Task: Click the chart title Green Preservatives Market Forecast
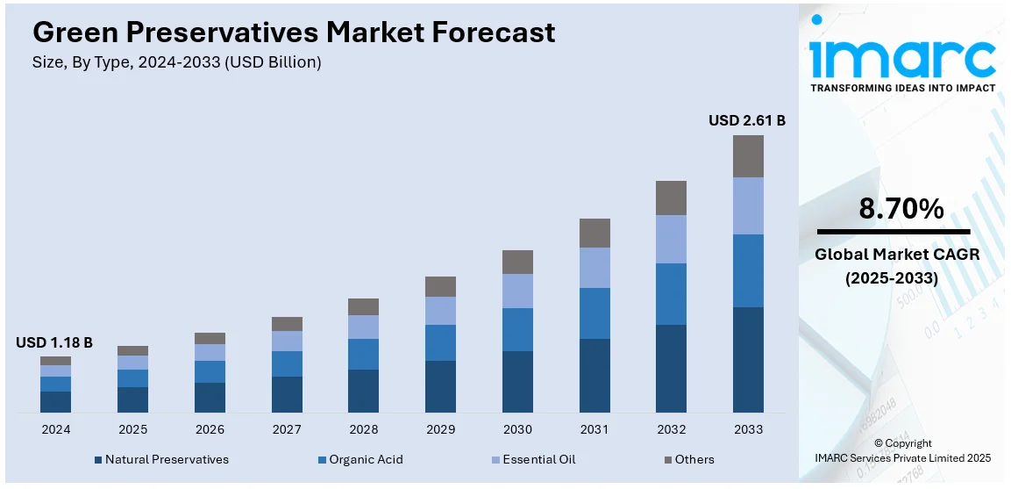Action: pos(294,32)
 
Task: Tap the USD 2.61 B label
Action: pos(747,120)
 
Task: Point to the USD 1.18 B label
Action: pos(54,342)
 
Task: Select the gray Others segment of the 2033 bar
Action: pos(748,156)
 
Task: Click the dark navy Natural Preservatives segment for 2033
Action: pos(748,359)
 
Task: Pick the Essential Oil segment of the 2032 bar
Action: pos(671,239)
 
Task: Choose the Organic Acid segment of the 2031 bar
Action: pos(594,313)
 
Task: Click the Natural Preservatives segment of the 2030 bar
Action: pos(517,381)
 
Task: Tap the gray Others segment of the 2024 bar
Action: pos(55,361)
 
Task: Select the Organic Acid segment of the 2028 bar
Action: pos(363,354)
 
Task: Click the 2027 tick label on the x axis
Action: pos(287,430)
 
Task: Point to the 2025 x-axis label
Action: pos(132,430)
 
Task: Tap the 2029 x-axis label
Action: pos(440,430)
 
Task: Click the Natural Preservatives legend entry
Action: pos(161,459)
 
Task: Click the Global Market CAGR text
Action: pos(896,255)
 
